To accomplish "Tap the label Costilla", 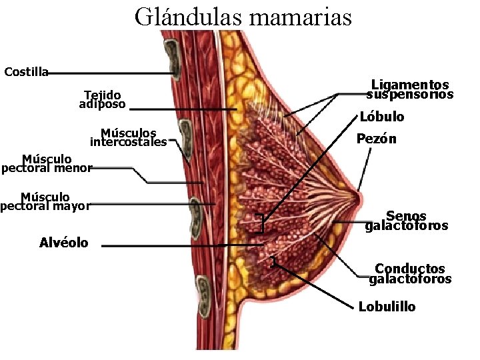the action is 26,72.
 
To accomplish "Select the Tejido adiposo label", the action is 102,99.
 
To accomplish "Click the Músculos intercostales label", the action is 128,137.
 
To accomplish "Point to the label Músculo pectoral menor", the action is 46,163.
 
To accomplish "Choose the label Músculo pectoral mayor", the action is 45,201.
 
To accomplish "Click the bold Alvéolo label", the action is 63,243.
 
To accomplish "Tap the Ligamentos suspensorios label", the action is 410,89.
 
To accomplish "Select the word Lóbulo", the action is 382,117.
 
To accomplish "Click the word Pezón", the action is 376,139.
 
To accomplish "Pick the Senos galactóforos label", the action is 407,221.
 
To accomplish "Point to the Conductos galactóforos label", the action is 410,274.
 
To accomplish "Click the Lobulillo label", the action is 387,307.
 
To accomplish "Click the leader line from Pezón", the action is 365,167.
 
